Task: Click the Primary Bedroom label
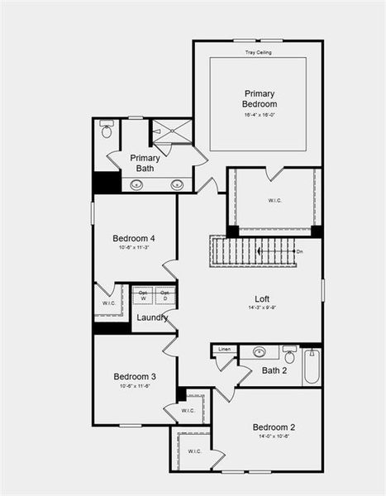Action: click(x=259, y=98)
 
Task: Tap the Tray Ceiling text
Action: click(x=258, y=52)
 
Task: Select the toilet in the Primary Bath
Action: click(x=106, y=130)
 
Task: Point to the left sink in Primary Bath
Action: click(x=136, y=184)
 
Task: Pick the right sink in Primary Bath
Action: click(x=177, y=184)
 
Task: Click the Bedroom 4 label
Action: click(x=134, y=239)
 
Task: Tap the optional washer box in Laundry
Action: click(x=143, y=295)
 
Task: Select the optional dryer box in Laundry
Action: click(x=165, y=295)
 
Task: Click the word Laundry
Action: click(x=153, y=317)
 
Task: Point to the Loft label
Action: click(x=262, y=298)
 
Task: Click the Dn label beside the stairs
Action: click(x=298, y=250)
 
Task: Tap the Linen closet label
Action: click(x=224, y=350)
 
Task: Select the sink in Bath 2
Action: click(x=260, y=352)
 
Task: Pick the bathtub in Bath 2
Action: click(x=312, y=366)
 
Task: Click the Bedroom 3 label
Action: click(x=134, y=376)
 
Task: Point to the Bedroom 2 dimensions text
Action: click(x=274, y=436)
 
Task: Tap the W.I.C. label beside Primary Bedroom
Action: click(x=275, y=200)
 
